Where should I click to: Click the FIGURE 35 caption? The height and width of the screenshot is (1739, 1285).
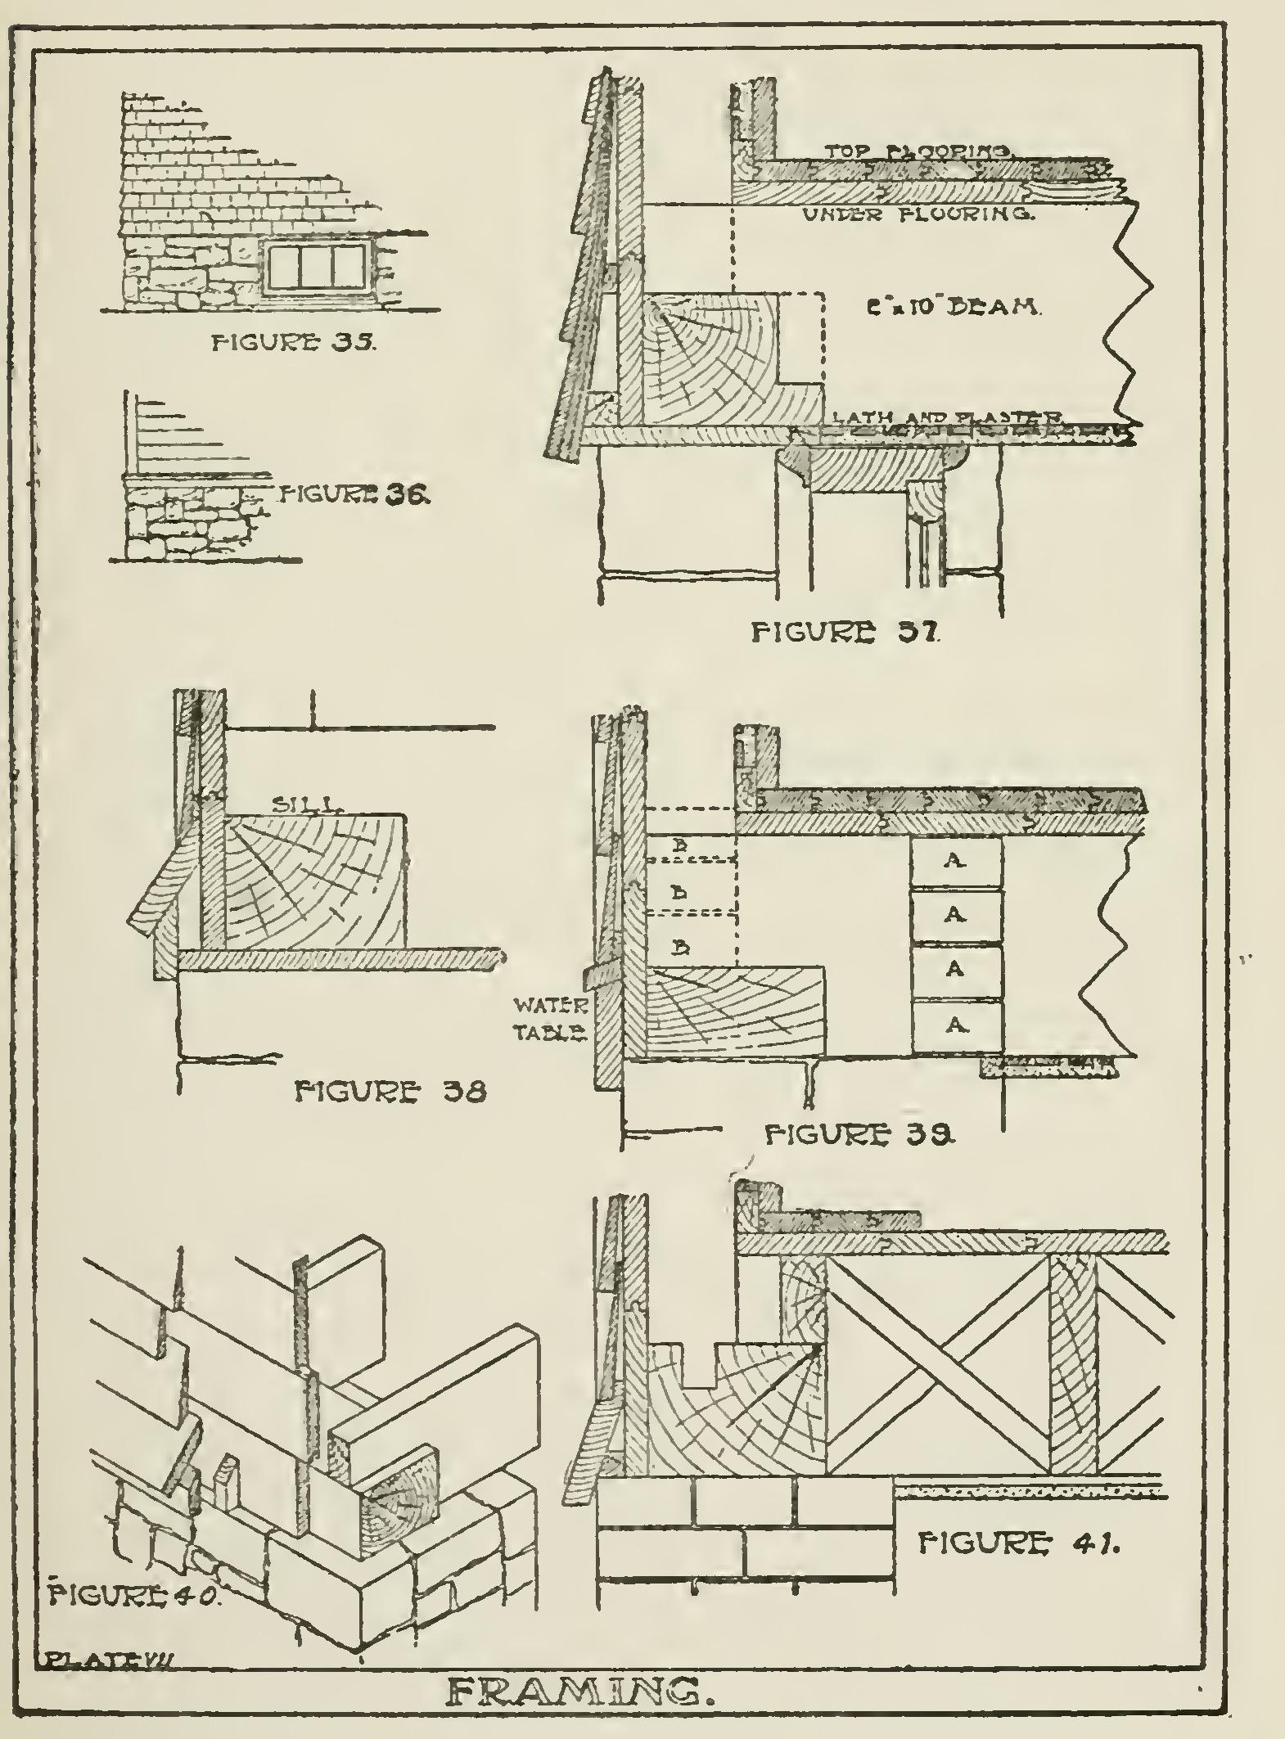pyautogui.click(x=293, y=343)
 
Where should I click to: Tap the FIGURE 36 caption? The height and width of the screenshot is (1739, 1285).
pyautogui.click(x=353, y=493)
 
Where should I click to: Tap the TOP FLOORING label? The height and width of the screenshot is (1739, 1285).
pyautogui.click(x=920, y=152)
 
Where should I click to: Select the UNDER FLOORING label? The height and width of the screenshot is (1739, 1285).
pyautogui.click(x=919, y=215)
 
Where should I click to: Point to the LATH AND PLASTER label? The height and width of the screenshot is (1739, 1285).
pyautogui.click(x=947, y=417)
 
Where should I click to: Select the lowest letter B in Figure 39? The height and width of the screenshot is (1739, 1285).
pyautogui.click(x=679, y=948)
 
